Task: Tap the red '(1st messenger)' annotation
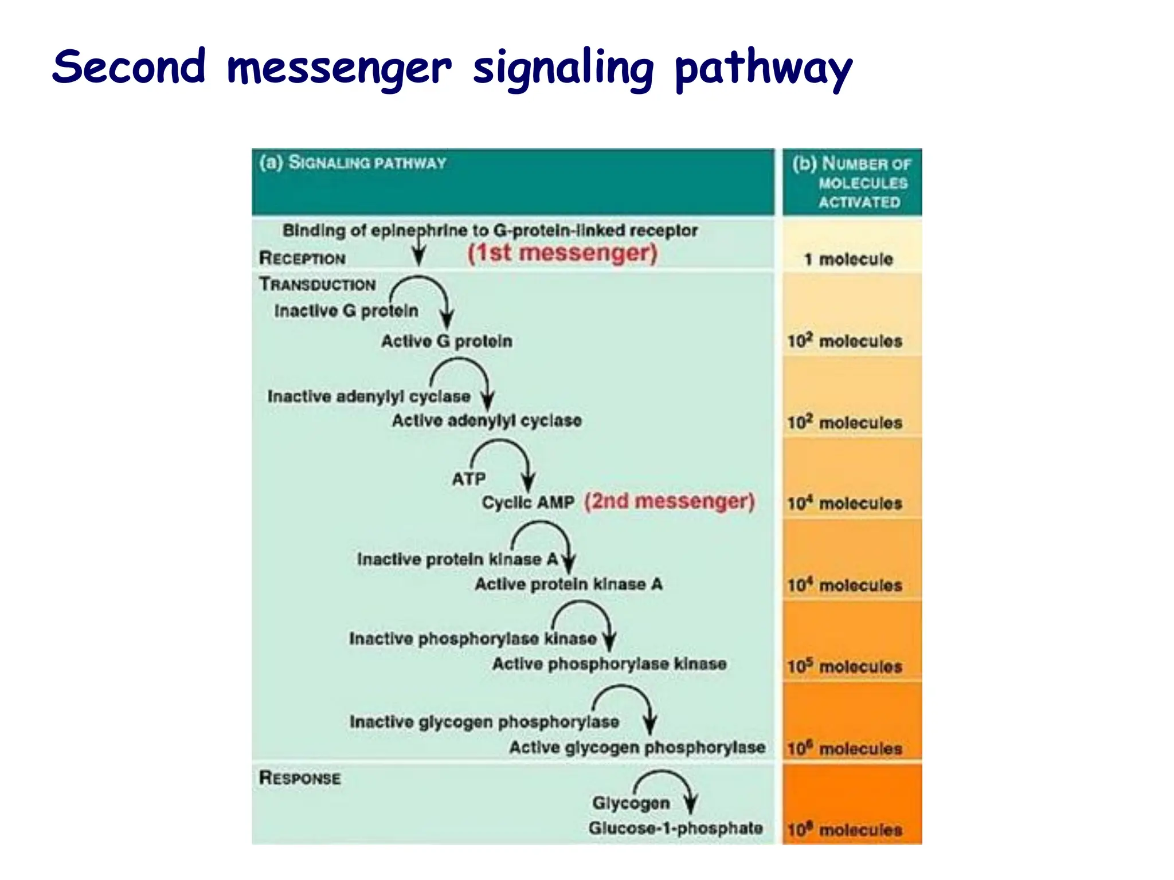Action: point(562,253)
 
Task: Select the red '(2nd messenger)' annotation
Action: point(669,501)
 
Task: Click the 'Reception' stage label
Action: point(302,258)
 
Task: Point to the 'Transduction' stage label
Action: point(318,284)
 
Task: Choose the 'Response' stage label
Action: point(300,778)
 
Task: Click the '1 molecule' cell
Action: point(848,260)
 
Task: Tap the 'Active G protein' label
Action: point(447,341)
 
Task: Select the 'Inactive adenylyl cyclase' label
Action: point(369,396)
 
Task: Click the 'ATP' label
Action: point(468,478)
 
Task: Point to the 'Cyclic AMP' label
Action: point(528,502)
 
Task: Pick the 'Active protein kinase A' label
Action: point(568,584)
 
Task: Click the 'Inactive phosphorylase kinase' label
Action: point(473,639)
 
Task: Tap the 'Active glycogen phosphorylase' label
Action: point(637,748)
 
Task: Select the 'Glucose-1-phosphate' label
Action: point(675,828)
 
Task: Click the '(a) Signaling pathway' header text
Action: point(353,163)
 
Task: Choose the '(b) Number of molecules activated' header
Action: point(852,182)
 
